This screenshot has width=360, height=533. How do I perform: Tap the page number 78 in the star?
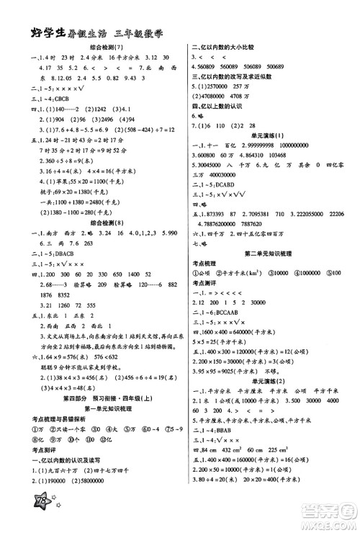click(x=24, y=512)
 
